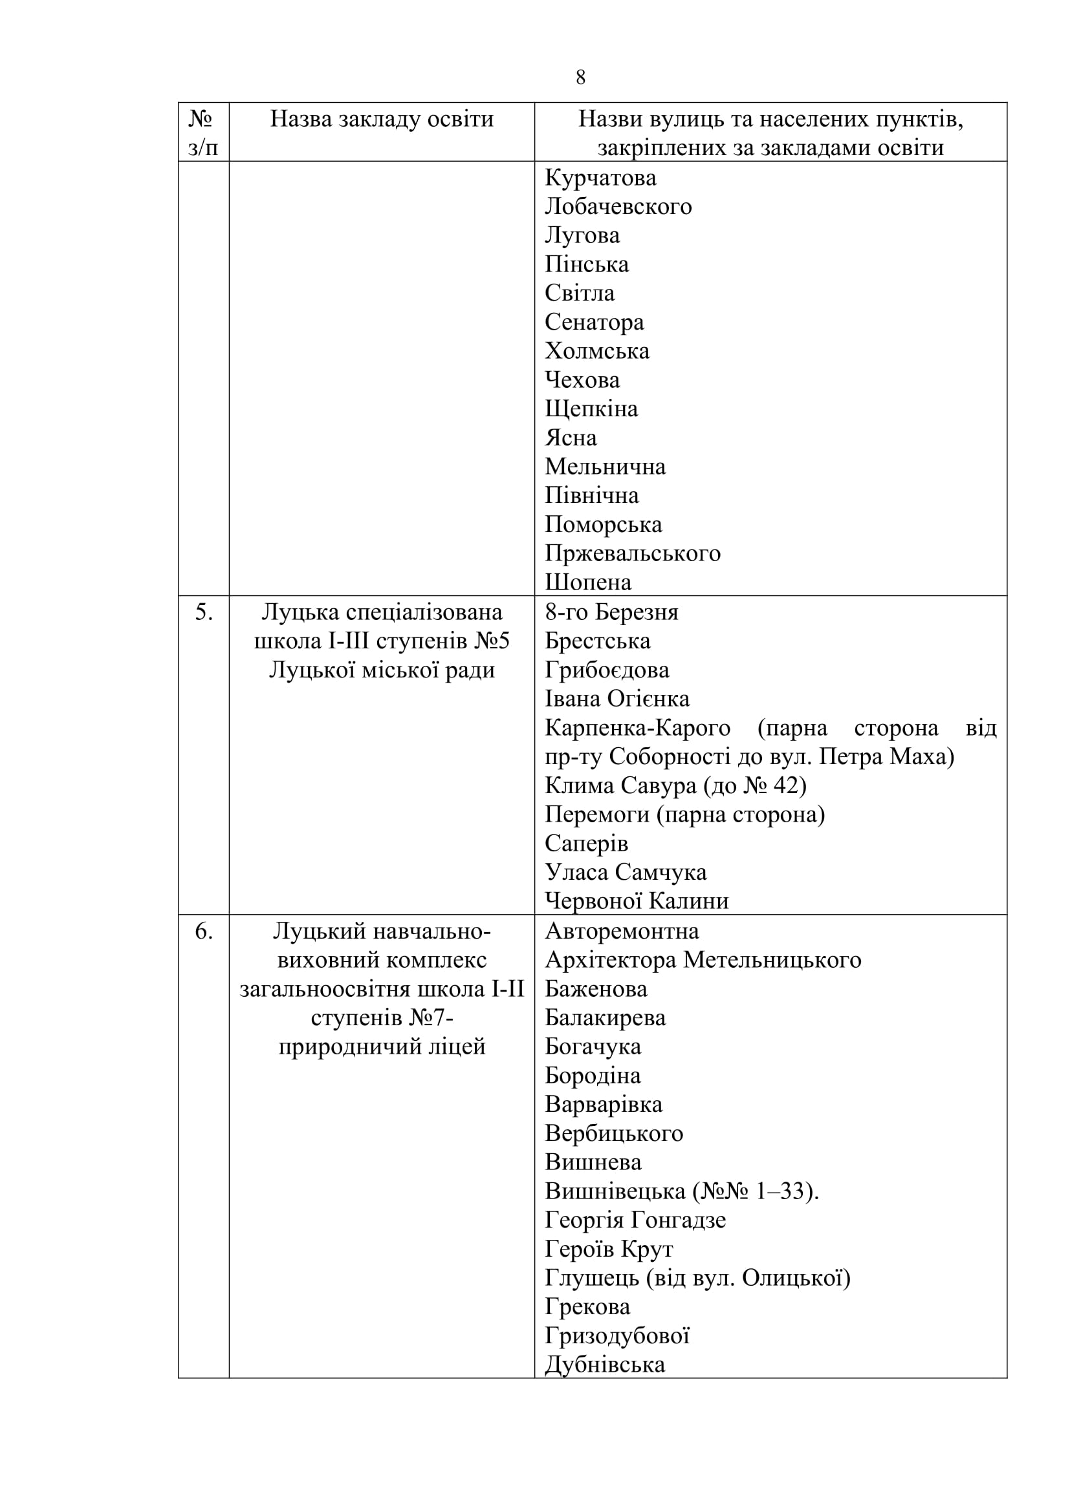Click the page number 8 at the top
coord(580,78)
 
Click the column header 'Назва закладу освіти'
coord(382,119)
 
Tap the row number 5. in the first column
coord(204,612)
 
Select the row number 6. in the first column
coord(204,931)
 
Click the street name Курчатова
coord(600,178)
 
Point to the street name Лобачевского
coord(618,207)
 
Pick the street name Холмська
coord(597,351)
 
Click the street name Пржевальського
coord(633,553)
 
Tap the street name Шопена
coord(587,582)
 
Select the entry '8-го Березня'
coord(611,612)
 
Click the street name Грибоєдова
coord(607,670)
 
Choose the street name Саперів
coord(586,844)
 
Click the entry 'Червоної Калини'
coord(637,901)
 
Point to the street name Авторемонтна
coord(622,931)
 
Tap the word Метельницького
coord(772,960)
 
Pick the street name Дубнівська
coord(605,1365)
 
